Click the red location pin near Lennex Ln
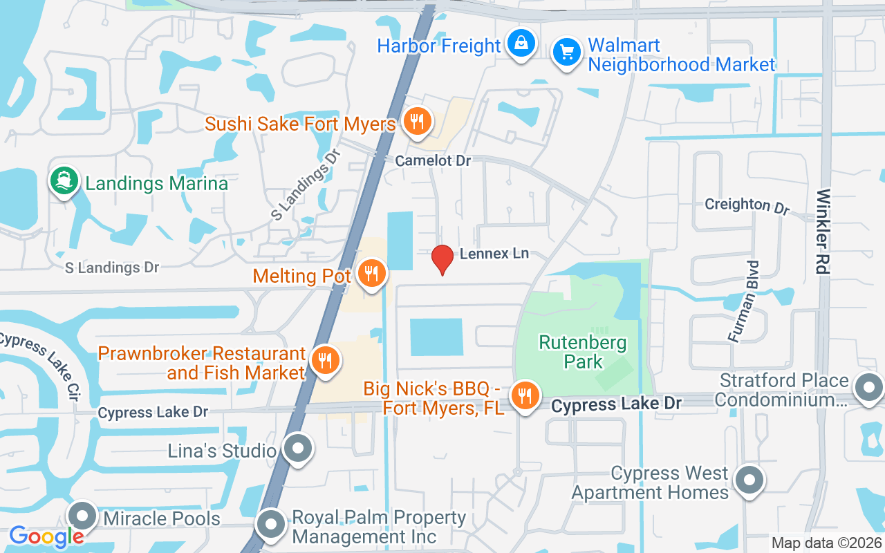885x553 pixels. click(442, 259)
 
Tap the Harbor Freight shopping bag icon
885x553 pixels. click(521, 44)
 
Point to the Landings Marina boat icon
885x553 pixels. click(64, 182)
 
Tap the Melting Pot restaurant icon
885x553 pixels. click(372, 274)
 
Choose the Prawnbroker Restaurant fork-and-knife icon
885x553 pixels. click(323, 360)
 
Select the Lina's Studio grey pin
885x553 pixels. click(298, 449)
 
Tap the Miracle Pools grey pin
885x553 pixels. click(84, 516)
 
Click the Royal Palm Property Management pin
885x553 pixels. click(271, 525)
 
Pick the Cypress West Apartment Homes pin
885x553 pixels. click(748, 480)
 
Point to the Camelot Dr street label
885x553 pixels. click(433, 160)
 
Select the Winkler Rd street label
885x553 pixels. click(823, 231)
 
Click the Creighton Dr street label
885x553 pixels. click(747, 205)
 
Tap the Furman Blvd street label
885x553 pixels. click(744, 301)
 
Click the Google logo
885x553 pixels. click(46, 536)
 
